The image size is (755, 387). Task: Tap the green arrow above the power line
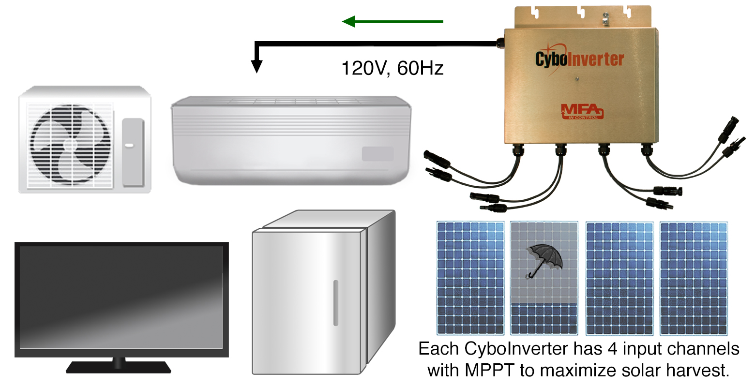pos(392,21)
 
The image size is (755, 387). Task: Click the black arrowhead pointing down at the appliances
pos(257,66)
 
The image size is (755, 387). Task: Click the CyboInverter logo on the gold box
pos(579,59)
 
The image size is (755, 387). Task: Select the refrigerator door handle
pos(335,302)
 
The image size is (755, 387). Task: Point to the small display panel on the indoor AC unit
pos(377,154)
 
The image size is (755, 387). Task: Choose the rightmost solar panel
pos(693,278)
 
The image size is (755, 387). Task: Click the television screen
pos(121,298)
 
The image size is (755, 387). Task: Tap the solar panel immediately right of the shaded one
pos(619,278)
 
